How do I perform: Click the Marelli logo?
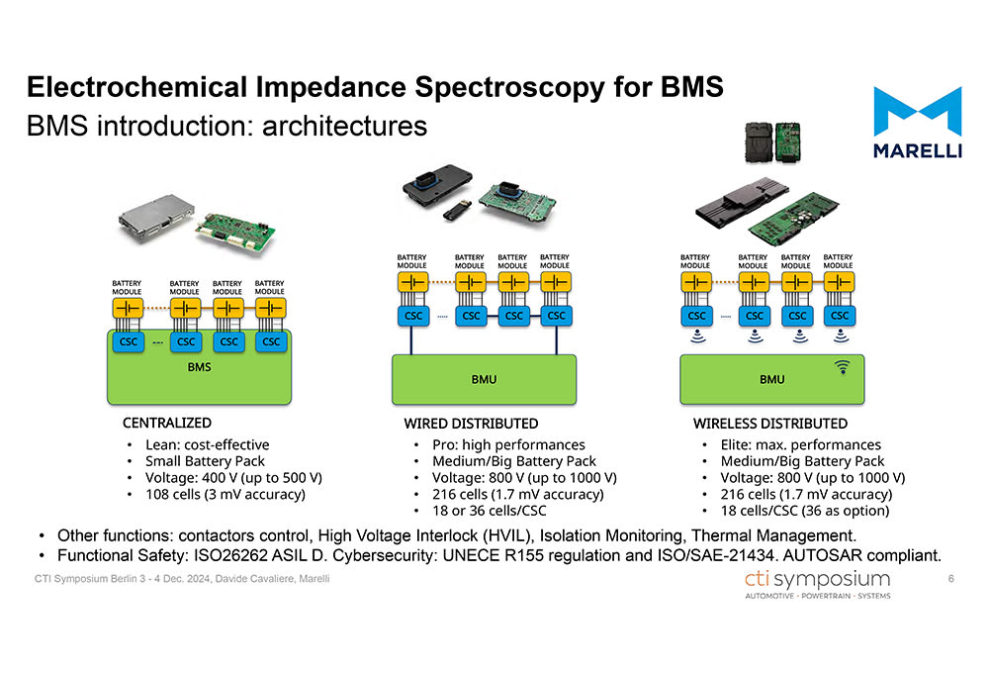917,122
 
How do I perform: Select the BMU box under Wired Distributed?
485,378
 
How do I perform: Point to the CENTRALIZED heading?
167,424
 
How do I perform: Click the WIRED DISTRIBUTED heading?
471,424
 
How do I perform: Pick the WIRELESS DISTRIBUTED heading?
770,424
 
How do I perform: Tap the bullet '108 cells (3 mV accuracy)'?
225,493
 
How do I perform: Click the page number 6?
950,579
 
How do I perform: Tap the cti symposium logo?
817,583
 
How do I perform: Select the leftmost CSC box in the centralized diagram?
128,341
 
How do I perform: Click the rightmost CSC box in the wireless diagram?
840,316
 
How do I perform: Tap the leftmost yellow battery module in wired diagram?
412,282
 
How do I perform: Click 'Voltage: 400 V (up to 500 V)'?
233,477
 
